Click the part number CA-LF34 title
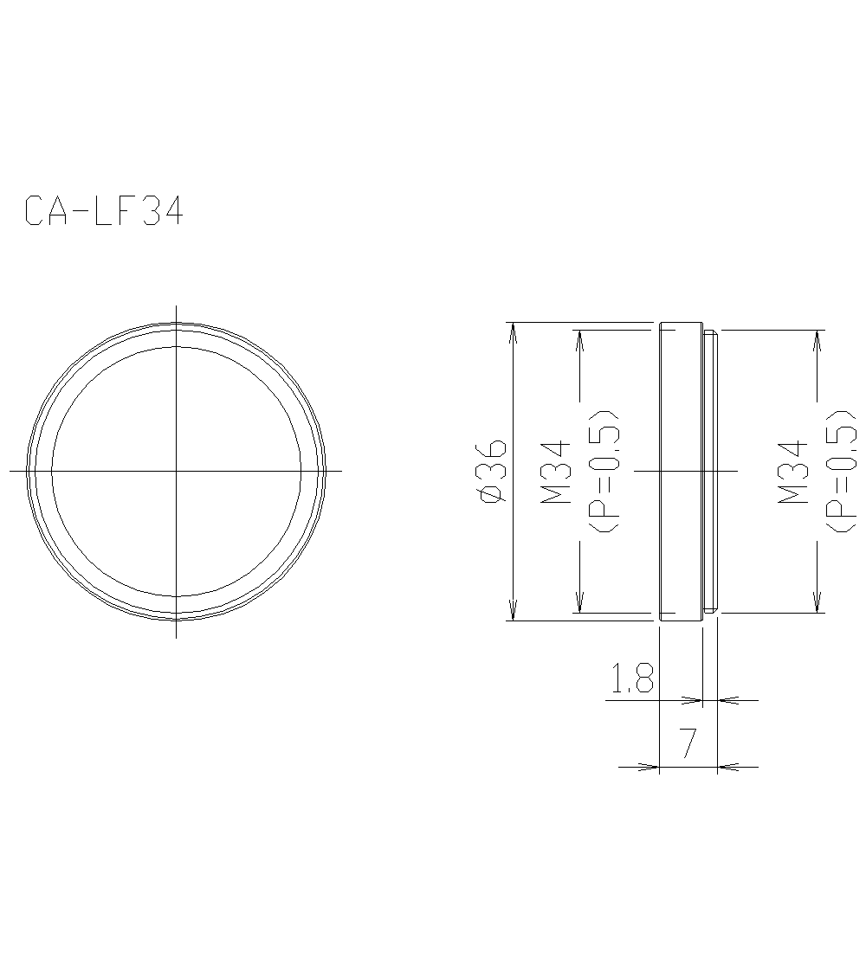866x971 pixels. click(x=104, y=211)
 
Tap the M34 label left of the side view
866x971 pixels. click(x=556, y=472)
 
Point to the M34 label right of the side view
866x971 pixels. click(x=793, y=472)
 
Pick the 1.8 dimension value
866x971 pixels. click(x=632, y=680)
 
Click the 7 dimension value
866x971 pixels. click(x=688, y=743)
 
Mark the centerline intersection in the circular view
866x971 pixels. click(x=177, y=471)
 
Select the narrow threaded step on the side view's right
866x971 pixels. click(x=711, y=472)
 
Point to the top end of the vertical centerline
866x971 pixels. click(x=177, y=306)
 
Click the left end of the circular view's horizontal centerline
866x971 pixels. click(x=11, y=471)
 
